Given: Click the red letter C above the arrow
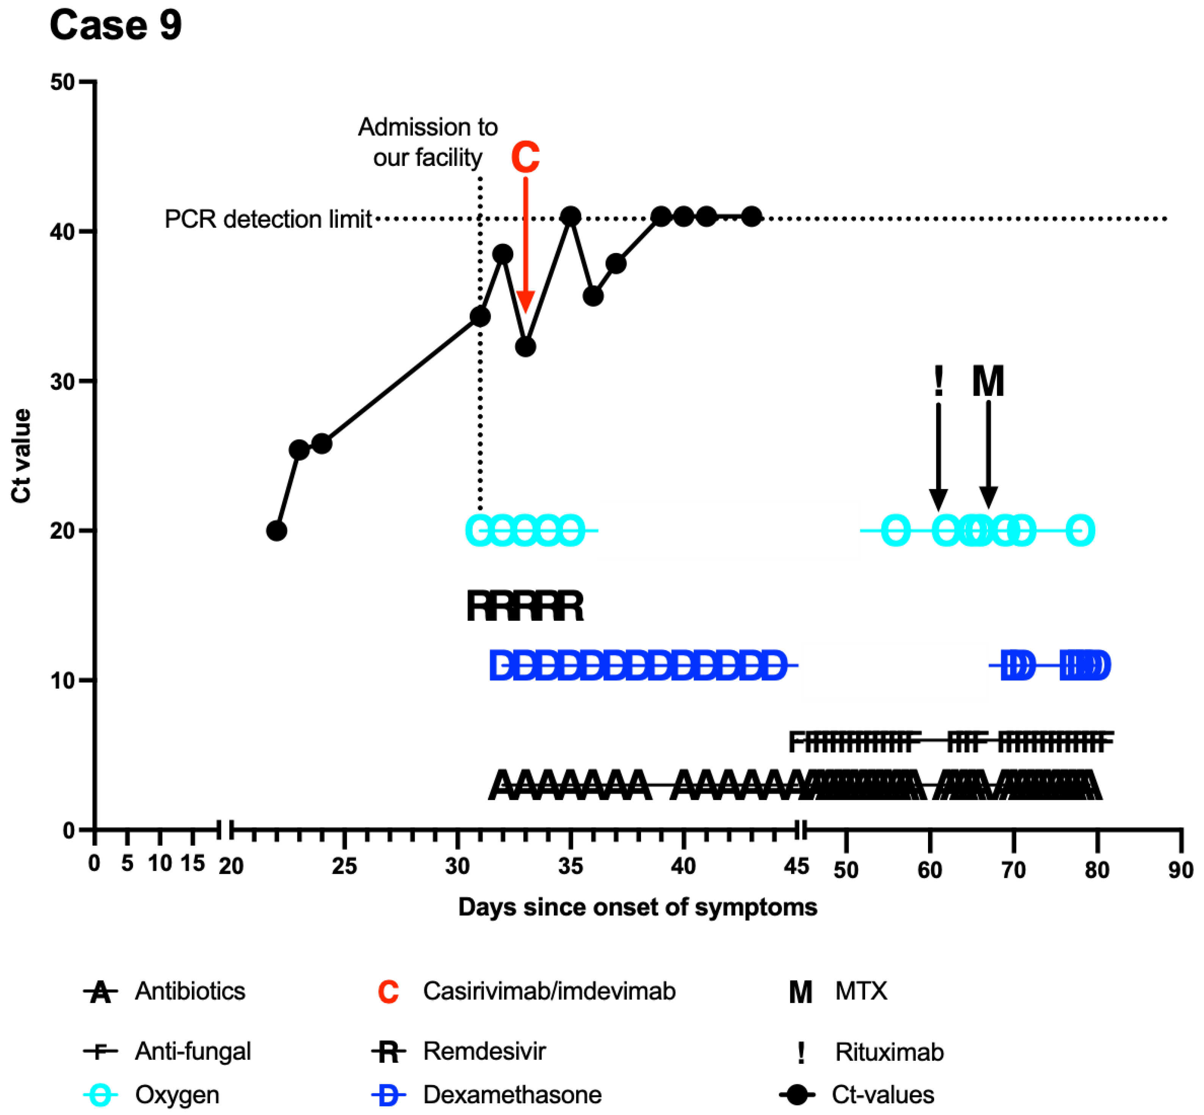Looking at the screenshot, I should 525,158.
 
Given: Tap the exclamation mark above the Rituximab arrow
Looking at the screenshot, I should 938,381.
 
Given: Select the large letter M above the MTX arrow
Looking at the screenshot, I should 988,381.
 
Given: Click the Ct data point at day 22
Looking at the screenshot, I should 276,531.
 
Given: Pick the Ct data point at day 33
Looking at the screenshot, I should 525,347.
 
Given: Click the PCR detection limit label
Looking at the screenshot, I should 268,219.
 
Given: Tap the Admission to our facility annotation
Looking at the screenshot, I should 428,142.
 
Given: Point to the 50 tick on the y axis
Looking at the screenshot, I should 63,82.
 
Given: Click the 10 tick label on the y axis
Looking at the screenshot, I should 63,681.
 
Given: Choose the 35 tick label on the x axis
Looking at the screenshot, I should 570,867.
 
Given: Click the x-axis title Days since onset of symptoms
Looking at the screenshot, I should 638,907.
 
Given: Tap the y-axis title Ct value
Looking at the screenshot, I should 22,456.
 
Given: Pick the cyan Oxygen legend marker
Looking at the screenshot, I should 100,1095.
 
